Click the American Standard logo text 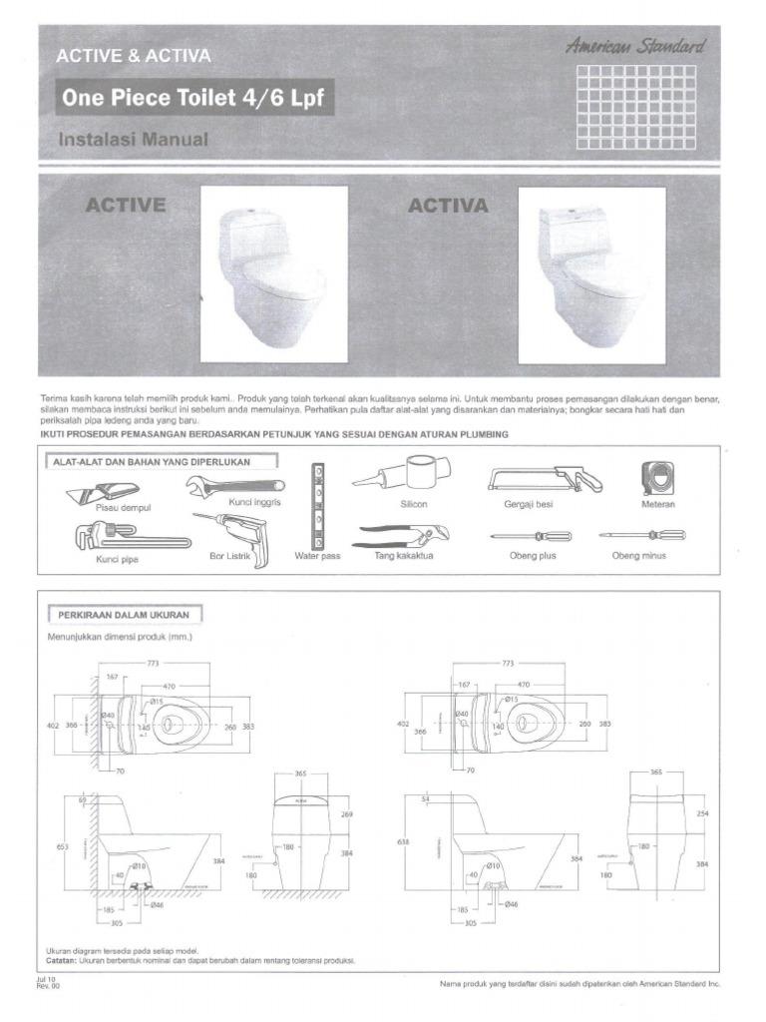(635, 46)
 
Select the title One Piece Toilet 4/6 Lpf (192, 100)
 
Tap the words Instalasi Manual (135, 140)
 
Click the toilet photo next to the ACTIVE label (274, 274)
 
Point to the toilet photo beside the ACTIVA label (591, 274)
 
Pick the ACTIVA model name (449, 207)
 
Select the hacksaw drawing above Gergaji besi (545, 478)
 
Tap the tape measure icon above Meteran (658, 478)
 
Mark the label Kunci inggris (255, 502)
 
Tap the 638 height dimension (404, 842)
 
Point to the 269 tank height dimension (347, 814)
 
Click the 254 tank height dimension (702, 814)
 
